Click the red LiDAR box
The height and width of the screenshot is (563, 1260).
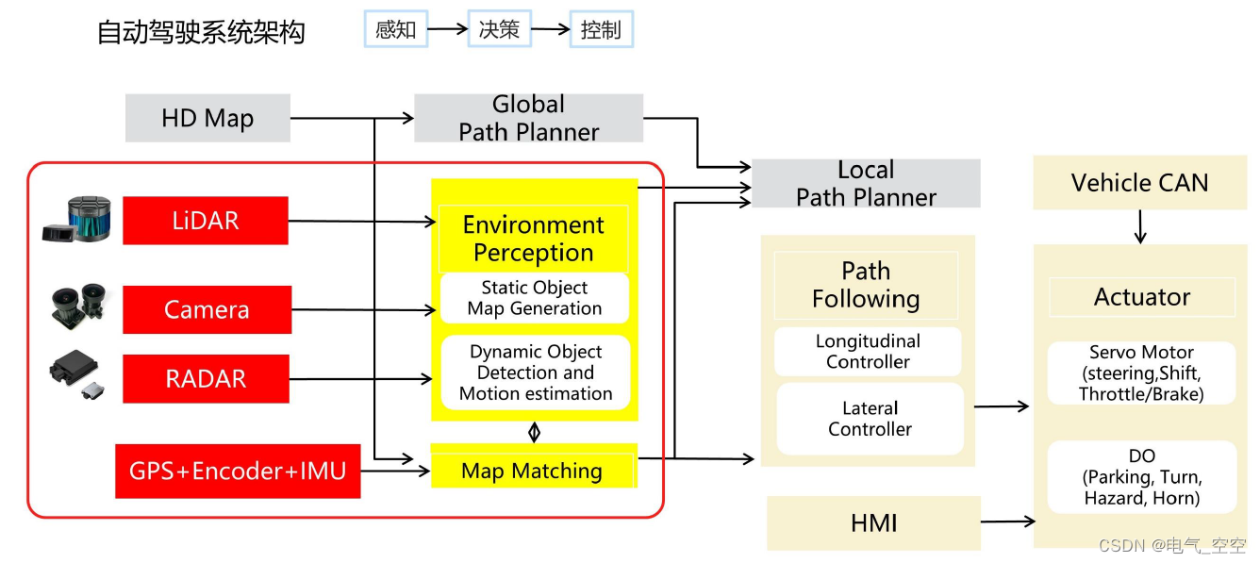click(206, 221)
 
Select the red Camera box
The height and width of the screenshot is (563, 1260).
click(207, 309)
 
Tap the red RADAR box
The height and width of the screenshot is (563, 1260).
click(206, 379)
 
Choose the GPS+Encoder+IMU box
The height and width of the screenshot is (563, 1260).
click(238, 471)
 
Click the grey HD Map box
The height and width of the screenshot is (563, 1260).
click(207, 118)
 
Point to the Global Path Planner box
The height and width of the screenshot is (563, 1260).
click(528, 118)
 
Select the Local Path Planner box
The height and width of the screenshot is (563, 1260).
click(866, 184)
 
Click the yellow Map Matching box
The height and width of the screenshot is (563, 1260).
click(533, 471)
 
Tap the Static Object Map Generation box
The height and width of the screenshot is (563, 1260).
click(535, 298)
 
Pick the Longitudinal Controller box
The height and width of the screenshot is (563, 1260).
click(868, 352)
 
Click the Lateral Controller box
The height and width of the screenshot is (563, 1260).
click(870, 419)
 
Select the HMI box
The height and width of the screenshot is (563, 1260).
click(873, 522)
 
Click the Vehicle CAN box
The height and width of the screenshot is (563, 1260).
click(1139, 183)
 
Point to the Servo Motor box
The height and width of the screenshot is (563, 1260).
click(1141, 373)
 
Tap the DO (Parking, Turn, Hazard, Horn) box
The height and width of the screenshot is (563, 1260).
click(1141, 477)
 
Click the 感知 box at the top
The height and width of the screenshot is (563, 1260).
click(395, 30)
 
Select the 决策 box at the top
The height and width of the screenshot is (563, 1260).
click(499, 30)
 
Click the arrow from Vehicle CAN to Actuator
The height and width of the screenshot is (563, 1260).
click(1140, 226)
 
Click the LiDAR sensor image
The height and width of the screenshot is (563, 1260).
click(78, 221)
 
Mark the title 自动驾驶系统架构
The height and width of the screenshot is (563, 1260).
click(201, 32)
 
